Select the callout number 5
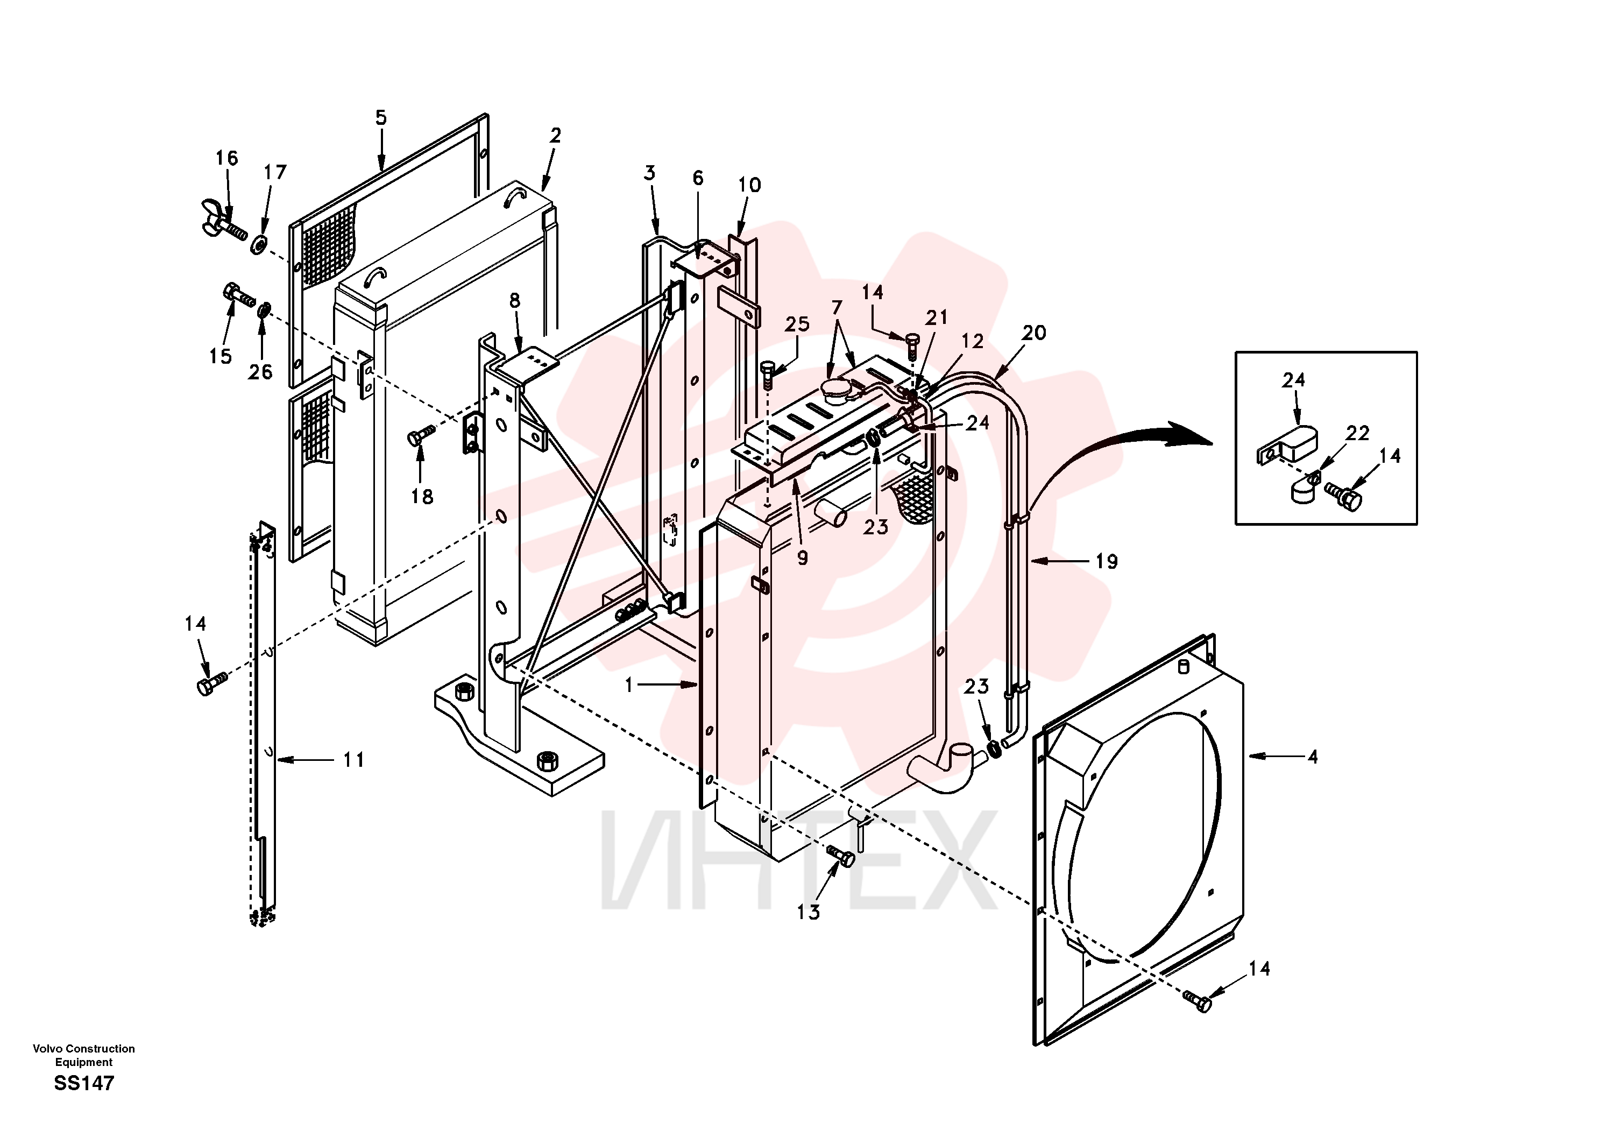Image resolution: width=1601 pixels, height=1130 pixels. point(381,118)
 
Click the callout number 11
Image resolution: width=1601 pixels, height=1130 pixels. point(353,760)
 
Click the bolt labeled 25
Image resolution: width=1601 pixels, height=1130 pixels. point(767,376)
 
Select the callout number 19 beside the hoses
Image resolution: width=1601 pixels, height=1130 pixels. point(1107,562)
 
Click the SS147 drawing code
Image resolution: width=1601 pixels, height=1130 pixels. point(84,1083)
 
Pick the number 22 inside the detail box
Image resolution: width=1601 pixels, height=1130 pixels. point(1357,433)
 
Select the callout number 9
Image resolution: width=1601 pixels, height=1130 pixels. point(803,558)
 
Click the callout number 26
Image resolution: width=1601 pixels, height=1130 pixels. point(260,372)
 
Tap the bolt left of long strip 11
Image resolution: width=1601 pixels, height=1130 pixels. point(211,683)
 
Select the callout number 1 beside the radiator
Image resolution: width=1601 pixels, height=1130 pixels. point(629,685)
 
